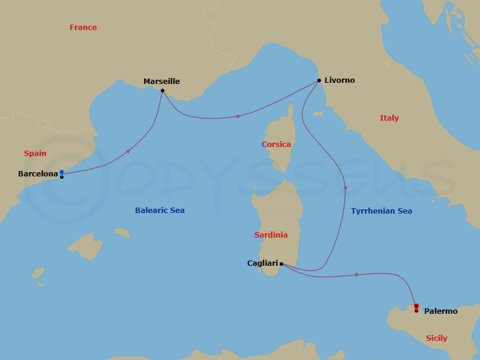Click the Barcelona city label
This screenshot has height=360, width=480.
(38, 174)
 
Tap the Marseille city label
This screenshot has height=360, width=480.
(161, 82)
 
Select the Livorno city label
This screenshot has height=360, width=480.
(340, 80)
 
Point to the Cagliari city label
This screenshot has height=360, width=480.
(262, 263)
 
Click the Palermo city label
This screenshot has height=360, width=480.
(440, 311)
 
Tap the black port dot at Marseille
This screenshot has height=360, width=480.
(163, 91)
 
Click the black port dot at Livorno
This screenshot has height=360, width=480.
(319, 80)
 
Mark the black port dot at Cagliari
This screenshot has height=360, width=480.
(281, 263)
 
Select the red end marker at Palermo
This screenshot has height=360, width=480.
(416, 306)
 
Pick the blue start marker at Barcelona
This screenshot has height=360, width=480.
(62, 173)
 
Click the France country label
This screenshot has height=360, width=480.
(83, 28)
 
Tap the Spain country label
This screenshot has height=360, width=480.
(35, 154)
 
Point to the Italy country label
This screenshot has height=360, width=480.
(389, 118)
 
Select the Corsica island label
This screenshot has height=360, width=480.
(276, 145)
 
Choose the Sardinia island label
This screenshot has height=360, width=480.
(271, 235)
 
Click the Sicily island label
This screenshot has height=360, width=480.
(436, 338)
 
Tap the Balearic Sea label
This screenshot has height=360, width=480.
(160, 211)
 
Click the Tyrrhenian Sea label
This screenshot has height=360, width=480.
(382, 211)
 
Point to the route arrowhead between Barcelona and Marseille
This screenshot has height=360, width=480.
(128, 152)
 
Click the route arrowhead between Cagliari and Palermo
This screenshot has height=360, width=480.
(358, 275)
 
